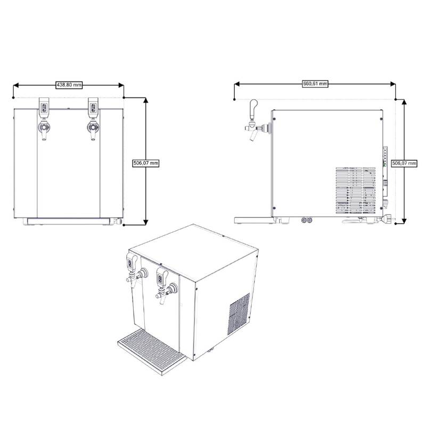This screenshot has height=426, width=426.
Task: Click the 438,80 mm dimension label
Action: pos(69,85)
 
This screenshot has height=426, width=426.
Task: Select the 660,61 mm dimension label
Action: pos(315,84)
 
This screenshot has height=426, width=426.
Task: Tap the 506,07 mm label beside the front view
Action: pos(146,163)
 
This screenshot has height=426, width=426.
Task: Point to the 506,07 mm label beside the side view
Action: pos(404,163)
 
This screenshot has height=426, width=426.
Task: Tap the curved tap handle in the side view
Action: pos(253,109)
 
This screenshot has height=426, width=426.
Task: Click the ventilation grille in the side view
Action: pos(355,190)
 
